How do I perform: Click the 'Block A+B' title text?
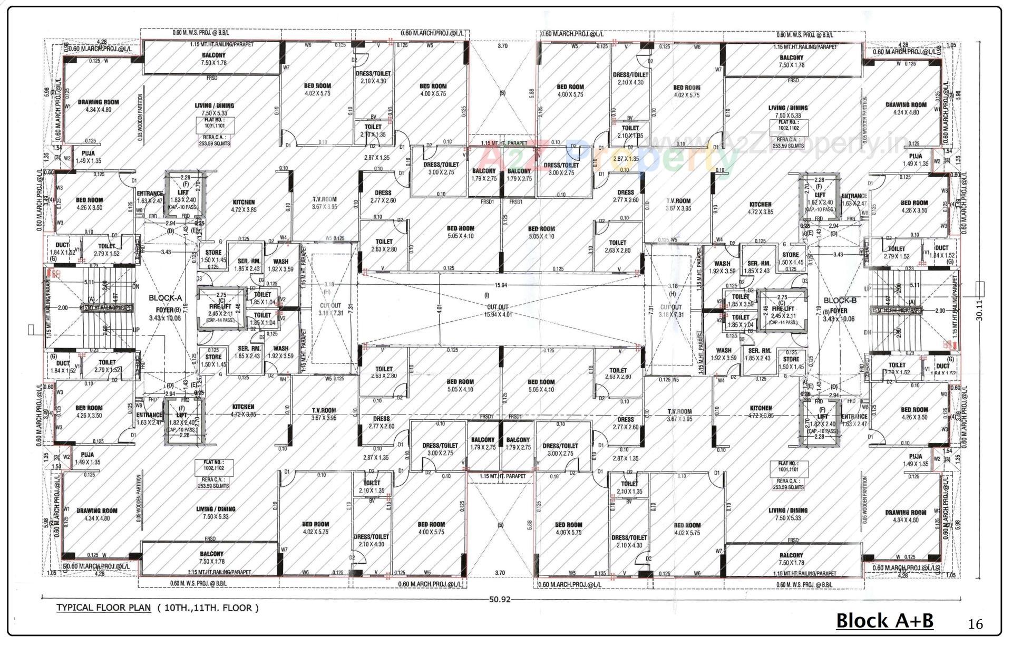(884, 621)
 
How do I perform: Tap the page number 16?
(975, 624)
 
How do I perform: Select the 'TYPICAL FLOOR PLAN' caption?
(103, 608)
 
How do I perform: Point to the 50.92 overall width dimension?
(500, 600)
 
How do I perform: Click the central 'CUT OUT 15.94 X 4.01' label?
(497, 311)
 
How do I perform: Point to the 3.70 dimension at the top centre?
(502, 46)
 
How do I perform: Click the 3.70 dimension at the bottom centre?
(500, 573)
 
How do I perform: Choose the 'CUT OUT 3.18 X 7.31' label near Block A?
(330, 309)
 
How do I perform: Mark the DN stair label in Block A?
(135, 287)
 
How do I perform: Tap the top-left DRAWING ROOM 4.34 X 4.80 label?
(98, 106)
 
